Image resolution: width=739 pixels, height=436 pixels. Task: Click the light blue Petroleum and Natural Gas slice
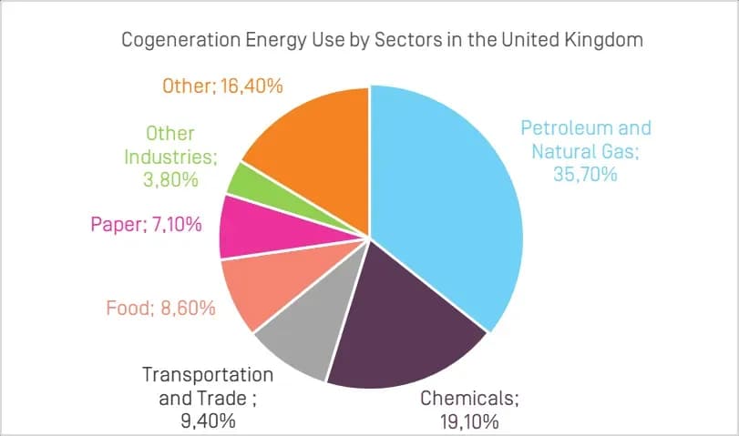click(x=446, y=200)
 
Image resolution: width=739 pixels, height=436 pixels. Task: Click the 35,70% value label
click(x=585, y=173)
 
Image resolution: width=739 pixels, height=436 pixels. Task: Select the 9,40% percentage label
click(x=207, y=420)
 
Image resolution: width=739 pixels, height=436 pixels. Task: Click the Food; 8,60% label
click(x=159, y=308)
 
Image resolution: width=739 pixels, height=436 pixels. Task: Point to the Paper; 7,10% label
click(x=147, y=224)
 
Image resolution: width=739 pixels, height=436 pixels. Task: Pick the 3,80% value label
click(x=171, y=179)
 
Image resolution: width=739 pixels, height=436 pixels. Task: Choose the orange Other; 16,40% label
click(x=222, y=86)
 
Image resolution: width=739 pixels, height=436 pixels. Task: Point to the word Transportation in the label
click(x=207, y=375)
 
